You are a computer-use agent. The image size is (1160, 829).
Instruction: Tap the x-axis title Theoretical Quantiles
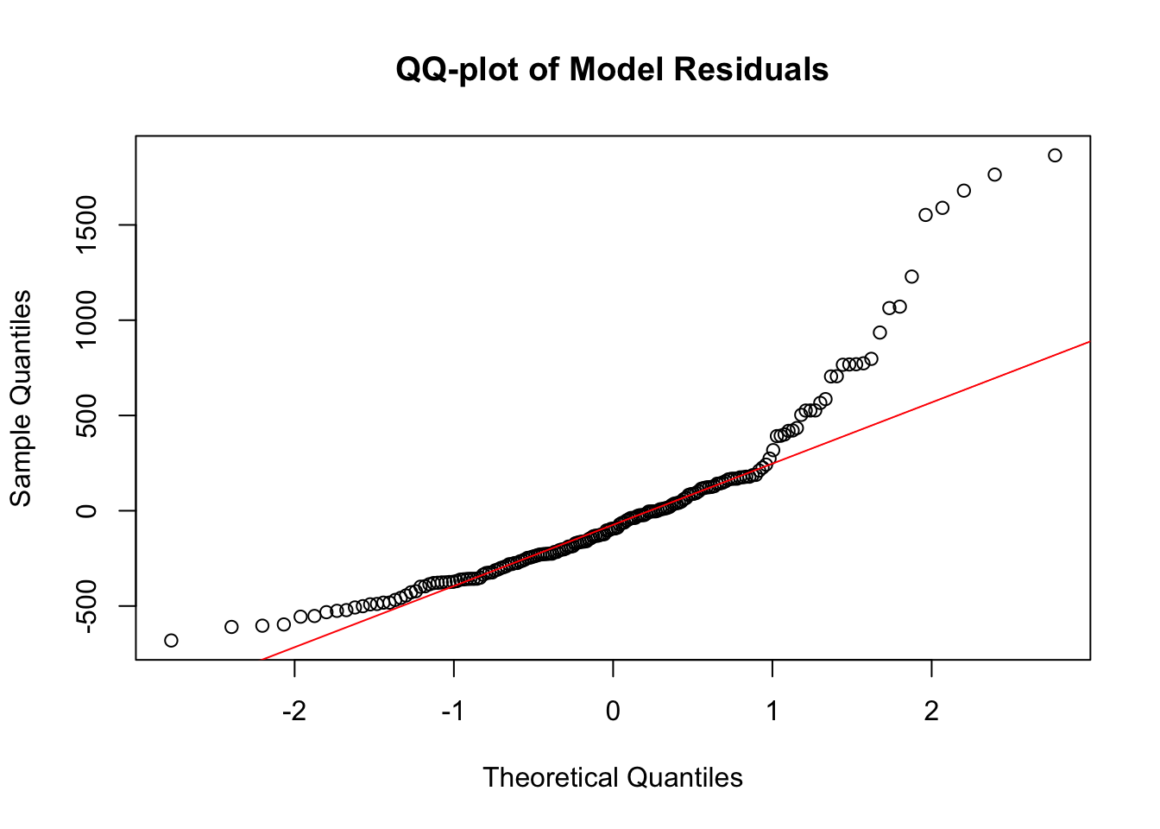point(613,777)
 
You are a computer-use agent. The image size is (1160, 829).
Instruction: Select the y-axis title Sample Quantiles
point(20,398)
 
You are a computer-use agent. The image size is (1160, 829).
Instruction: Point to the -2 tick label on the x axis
point(294,712)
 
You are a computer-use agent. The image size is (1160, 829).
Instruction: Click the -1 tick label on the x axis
point(453,712)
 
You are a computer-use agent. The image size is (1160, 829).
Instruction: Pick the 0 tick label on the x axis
point(613,712)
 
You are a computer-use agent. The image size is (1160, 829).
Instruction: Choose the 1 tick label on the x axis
point(772,712)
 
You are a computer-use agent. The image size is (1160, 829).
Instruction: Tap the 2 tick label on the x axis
point(931,712)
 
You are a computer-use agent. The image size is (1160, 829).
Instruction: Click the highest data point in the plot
point(1055,155)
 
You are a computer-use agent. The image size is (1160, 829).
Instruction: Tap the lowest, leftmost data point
point(171,640)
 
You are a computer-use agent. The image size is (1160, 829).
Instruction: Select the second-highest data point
point(994,174)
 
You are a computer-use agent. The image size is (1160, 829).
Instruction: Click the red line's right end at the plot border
point(1089,342)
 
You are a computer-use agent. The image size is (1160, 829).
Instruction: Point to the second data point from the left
point(231,627)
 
